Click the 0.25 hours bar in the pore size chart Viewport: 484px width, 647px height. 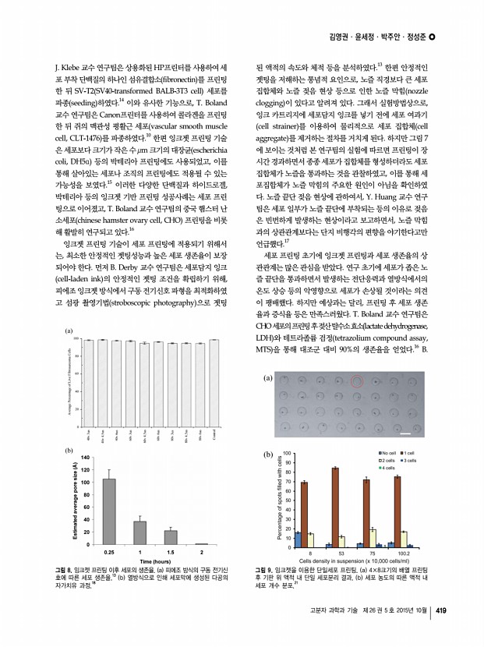(x=109, y=511)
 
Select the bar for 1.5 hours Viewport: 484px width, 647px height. (x=171, y=536)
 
